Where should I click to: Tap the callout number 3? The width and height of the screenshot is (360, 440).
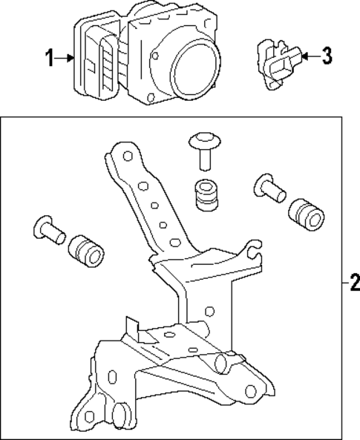tap(328, 56)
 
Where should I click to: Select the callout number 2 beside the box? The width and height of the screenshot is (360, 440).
tap(353, 283)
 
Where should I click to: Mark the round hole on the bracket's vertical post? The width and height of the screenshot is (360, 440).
tap(211, 310)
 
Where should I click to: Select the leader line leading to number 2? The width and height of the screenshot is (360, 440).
tap(343, 283)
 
